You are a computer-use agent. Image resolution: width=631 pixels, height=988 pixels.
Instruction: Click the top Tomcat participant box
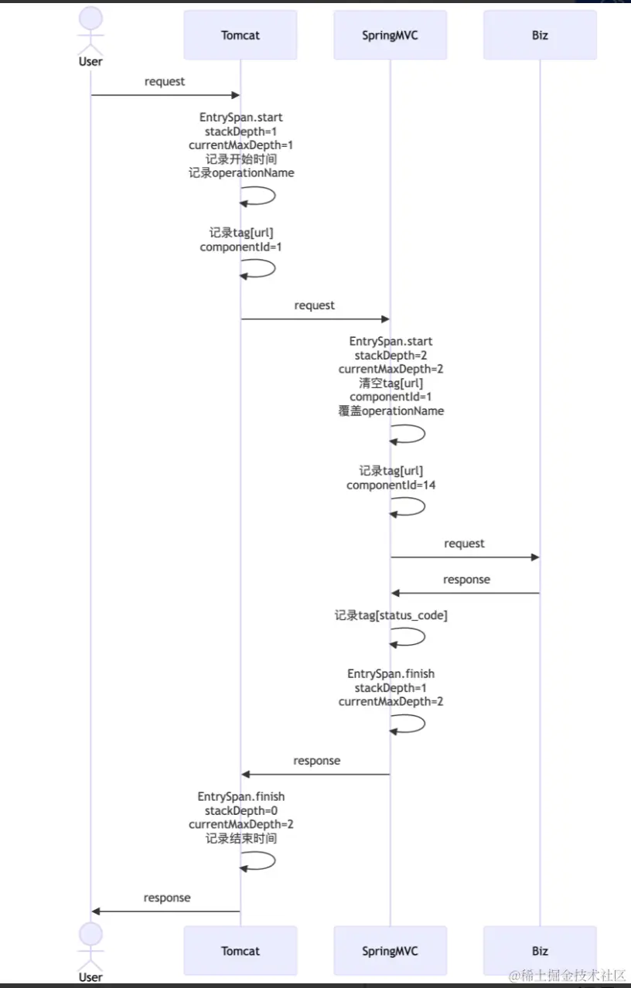coord(240,36)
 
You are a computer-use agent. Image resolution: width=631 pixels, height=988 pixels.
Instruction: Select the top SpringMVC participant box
coord(390,36)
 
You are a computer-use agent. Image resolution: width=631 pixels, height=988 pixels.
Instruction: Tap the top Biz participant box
coord(540,36)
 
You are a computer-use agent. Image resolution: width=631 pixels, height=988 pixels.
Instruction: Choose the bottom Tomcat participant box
coord(240,951)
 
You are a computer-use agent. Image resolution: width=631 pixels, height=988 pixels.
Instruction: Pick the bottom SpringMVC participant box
coord(390,951)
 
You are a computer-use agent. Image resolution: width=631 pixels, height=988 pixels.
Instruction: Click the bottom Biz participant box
coord(540,951)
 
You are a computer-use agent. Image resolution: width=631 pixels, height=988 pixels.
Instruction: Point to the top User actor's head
coord(90,19)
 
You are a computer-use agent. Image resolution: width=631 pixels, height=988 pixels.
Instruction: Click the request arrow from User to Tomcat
coord(165,95)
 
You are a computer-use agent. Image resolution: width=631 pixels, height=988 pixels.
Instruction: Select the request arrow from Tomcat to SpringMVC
coord(315,319)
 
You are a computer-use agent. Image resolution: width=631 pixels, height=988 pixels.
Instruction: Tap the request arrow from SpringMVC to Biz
coord(464,557)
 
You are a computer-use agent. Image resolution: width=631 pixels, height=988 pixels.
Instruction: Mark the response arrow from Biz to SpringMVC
coord(464,593)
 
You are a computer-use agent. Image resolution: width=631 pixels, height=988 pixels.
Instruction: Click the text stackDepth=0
coord(241,810)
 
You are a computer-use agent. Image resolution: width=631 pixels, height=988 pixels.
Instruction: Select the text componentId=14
coord(391,485)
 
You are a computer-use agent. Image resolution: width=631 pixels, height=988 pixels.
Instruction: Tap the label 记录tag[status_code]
coord(391,615)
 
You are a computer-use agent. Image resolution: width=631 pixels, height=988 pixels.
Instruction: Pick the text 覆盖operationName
coord(391,411)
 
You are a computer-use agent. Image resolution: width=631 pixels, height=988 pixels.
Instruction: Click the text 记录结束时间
coord(241,838)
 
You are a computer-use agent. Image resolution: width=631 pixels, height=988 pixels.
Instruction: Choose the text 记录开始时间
coord(241,158)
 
